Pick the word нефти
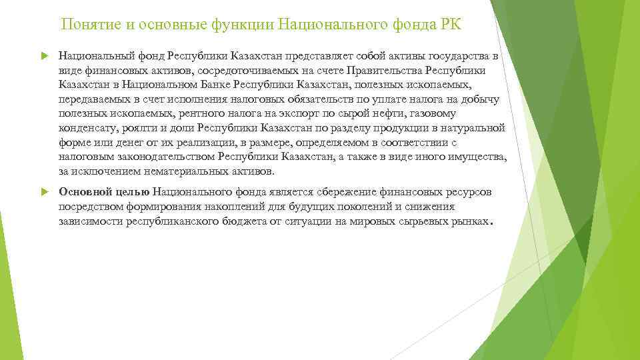[396, 113]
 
